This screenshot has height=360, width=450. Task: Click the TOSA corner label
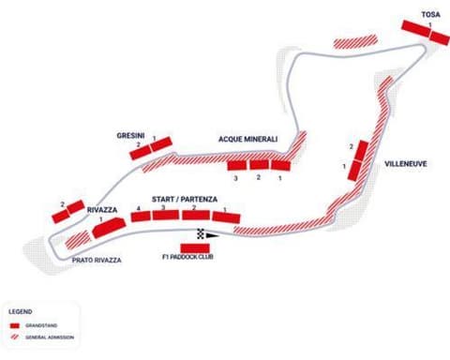pos(431,15)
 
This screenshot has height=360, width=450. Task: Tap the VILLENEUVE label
pos(405,163)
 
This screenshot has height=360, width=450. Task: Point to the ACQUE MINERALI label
pos(247,138)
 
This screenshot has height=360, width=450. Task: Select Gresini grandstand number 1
pos(159,145)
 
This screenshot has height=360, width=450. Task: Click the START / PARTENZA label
pos(180,199)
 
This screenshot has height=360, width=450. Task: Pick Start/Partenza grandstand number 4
pos(141,217)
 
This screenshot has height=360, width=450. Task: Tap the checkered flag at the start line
pos(201,232)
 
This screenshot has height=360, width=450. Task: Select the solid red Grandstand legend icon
pos(16,325)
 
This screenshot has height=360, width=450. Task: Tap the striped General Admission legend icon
pos(16,337)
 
